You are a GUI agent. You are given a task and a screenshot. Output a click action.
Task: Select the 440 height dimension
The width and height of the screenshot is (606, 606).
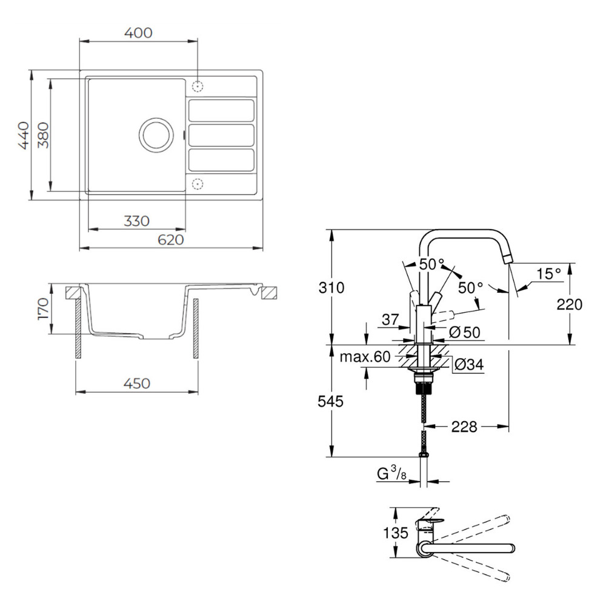click(24, 135)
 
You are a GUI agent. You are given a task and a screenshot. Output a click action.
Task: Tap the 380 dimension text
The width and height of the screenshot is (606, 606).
click(42, 135)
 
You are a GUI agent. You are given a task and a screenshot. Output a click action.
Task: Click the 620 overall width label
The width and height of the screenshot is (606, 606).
click(170, 240)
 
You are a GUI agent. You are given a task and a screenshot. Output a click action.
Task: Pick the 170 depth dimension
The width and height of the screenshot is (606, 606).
click(43, 309)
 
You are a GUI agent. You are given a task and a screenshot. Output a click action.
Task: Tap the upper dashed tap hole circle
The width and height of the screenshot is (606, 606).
click(198, 85)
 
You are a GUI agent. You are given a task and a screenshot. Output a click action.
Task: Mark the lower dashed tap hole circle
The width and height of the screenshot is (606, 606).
click(198, 184)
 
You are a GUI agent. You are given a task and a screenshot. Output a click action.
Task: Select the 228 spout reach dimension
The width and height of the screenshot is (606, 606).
click(464, 427)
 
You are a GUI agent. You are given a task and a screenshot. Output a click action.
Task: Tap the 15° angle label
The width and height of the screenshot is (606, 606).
click(548, 273)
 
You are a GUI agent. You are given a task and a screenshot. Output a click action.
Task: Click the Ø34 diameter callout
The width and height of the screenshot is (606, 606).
click(467, 364)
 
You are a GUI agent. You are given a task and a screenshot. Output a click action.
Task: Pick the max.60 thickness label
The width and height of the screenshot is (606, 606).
click(365, 357)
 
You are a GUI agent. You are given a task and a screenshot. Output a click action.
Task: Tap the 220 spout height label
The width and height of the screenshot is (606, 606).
click(569, 304)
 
